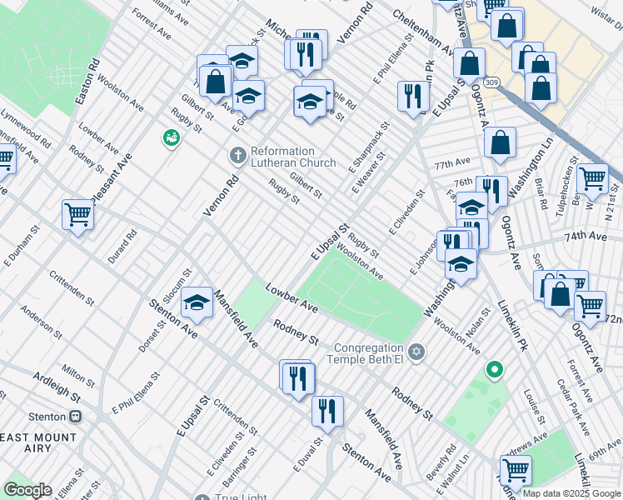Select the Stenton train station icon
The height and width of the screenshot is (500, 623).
click(x=75, y=416)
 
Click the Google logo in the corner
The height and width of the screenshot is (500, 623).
click(x=27, y=490)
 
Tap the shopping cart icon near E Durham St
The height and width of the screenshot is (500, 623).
click(x=77, y=215)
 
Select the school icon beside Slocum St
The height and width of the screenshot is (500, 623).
click(x=197, y=303)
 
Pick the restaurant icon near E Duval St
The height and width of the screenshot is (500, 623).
click(x=327, y=411)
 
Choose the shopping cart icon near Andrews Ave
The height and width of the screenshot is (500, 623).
click(x=516, y=470)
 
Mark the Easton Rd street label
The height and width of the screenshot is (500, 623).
click(x=87, y=81)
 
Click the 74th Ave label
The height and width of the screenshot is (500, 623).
click(x=586, y=237)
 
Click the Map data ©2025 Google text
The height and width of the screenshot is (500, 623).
click(x=571, y=493)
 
